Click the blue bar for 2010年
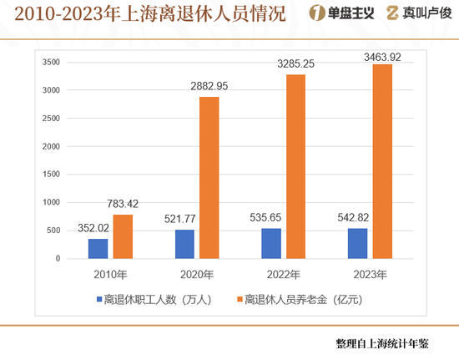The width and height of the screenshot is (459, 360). click(98, 249)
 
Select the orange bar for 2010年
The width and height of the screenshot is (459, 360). click(122, 236)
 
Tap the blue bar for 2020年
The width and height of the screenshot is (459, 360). click(184, 244)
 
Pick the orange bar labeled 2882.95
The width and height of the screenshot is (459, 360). click(209, 178)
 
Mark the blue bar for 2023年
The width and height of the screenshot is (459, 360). click(358, 243)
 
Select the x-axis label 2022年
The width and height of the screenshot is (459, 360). click(283, 274)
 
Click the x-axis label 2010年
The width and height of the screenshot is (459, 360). click(109, 274)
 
